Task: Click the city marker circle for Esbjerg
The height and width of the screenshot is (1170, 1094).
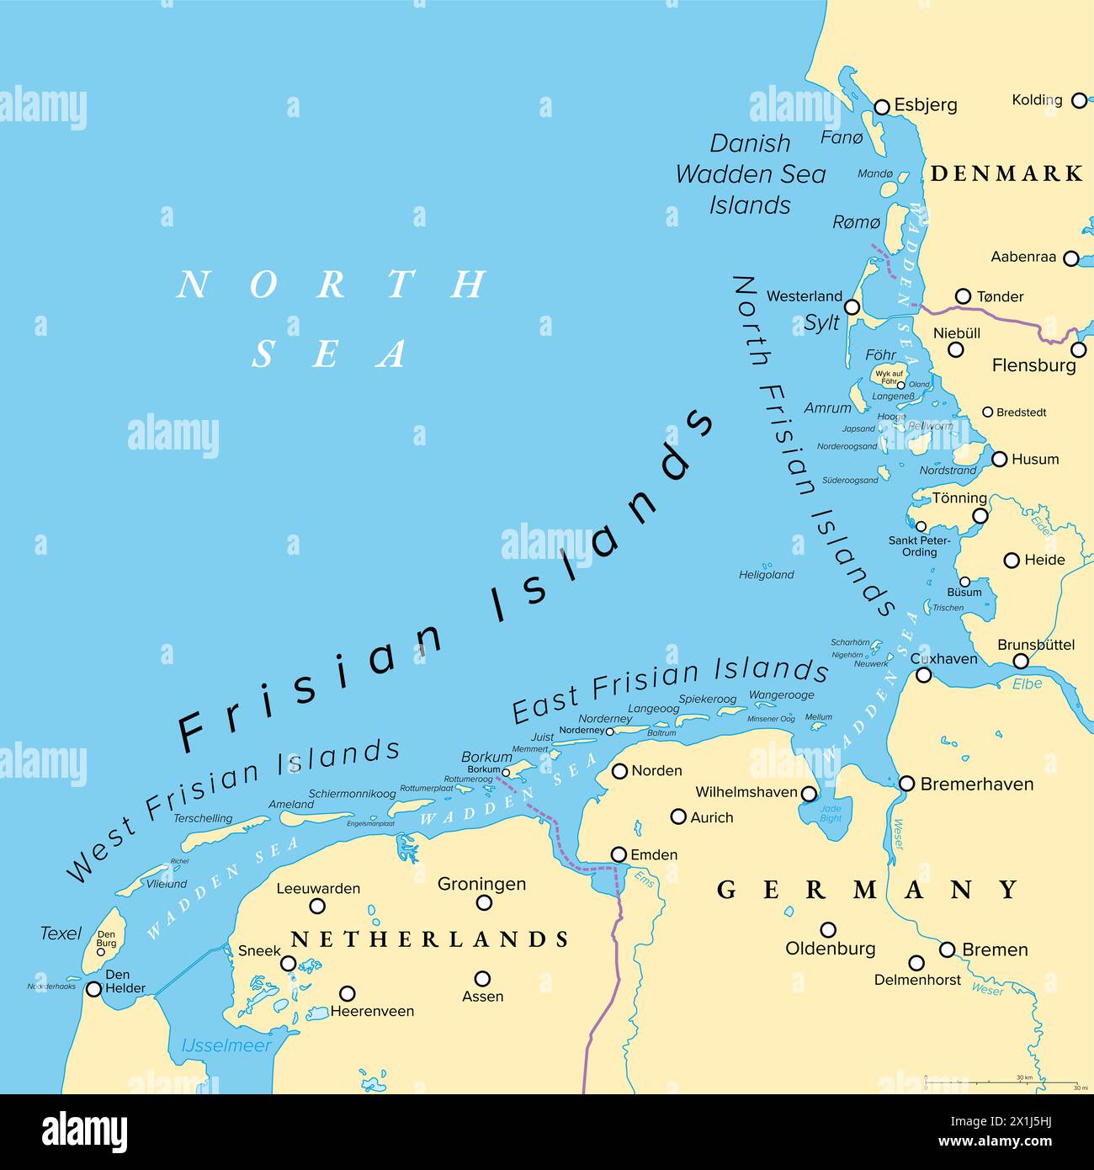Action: (882, 107)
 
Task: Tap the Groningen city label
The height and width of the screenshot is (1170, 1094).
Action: (481, 884)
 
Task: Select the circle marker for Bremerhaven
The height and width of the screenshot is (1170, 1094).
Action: (906, 784)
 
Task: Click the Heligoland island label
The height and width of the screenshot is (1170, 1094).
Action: (766, 575)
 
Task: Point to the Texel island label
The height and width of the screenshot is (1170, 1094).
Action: (61, 933)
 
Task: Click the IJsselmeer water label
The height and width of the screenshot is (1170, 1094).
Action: (226, 1045)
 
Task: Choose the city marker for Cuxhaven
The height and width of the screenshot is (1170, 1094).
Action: (924, 675)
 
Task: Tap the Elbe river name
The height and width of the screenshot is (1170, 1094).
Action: (1027, 683)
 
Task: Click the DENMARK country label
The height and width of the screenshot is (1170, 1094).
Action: (1006, 173)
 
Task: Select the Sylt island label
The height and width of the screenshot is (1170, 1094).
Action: (821, 322)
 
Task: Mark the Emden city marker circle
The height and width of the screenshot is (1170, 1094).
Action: (619, 854)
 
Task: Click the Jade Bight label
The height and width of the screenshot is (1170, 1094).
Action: (830, 813)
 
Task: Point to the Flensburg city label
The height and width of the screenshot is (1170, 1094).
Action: (1033, 365)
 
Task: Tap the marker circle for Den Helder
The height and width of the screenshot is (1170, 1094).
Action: (93, 989)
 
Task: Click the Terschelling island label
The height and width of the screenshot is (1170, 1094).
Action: (203, 818)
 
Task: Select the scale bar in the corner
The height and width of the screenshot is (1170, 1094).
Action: (1001, 1082)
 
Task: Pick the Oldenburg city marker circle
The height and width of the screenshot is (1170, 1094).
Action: (828, 930)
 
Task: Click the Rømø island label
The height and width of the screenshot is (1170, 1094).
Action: (856, 222)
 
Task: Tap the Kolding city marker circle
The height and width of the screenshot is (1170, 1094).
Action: (1079, 100)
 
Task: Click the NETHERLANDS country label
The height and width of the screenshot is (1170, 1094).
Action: (429, 939)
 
